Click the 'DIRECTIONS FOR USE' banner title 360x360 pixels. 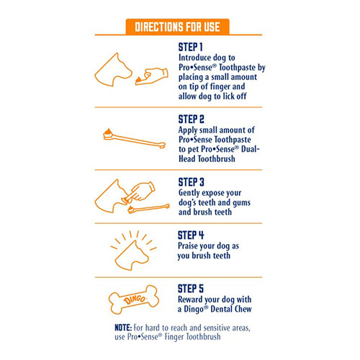(177, 27)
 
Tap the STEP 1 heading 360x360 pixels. (191, 47)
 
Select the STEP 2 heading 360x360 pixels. (191, 119)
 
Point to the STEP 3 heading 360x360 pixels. (191, 182)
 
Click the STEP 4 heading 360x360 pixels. (191, 235)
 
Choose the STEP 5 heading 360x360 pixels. (191, 289)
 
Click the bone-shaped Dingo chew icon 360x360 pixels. (134, 300)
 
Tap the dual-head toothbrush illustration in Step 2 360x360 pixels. (135, 138)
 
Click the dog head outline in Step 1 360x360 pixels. (113, 70)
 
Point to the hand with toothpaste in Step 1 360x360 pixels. (152, 76)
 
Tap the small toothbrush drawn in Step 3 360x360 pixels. (149, 208)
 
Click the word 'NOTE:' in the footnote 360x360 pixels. (123, 328)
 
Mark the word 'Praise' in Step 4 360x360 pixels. (187, 246)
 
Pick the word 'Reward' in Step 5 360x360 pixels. (190, 300)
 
